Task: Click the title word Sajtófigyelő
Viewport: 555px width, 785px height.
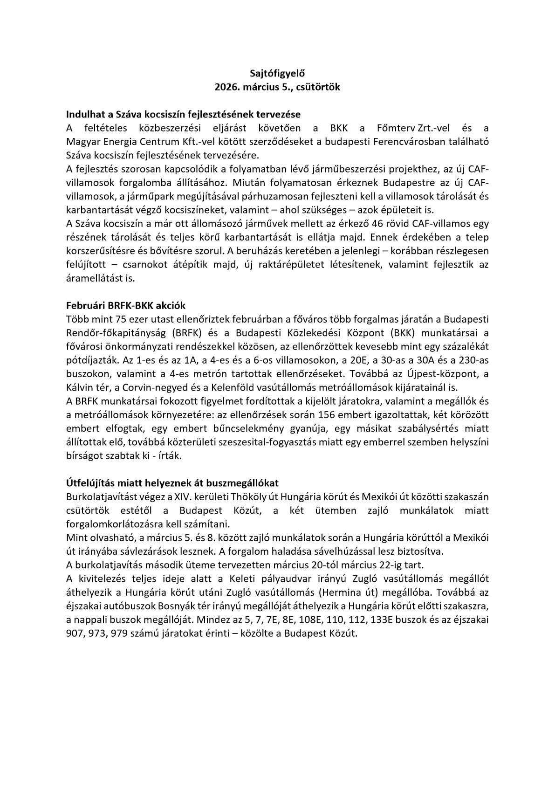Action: pyautogui.click(x=277, y=73)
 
